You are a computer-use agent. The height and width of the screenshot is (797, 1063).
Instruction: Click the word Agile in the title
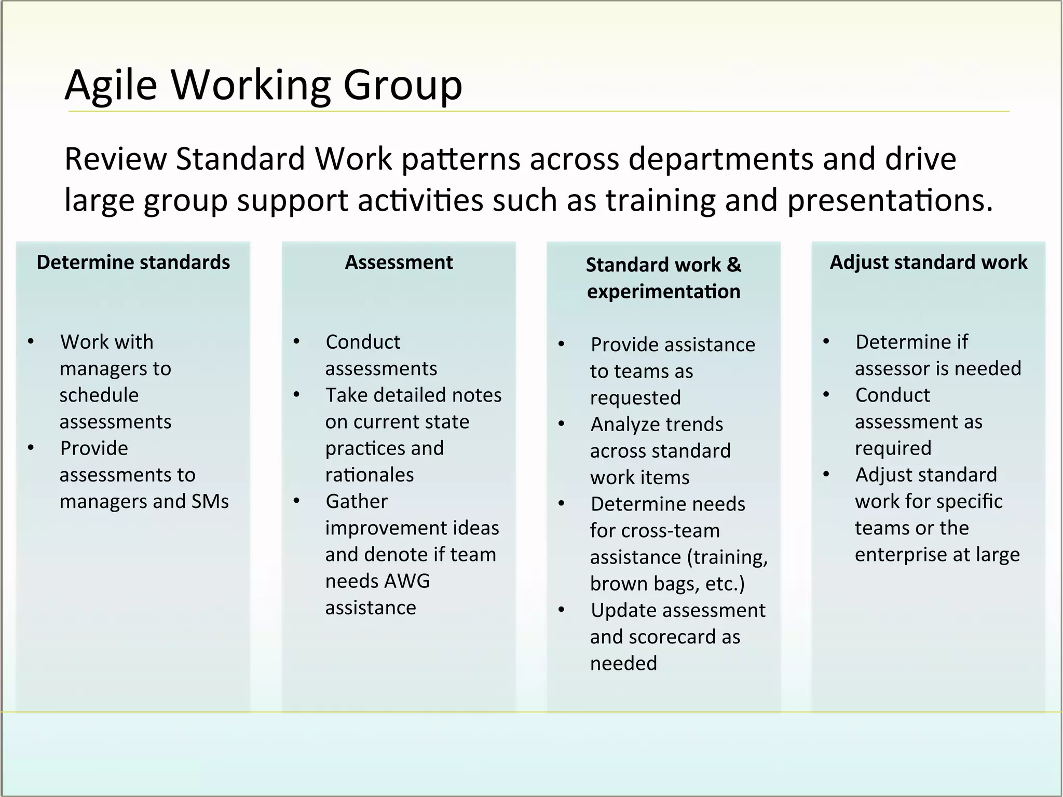(111, 85)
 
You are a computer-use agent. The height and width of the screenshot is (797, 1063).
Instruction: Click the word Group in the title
(402, 85)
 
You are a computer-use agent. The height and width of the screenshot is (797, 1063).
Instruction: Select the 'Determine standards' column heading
(133, 263)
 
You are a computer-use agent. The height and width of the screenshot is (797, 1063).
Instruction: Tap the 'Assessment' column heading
(399, 263)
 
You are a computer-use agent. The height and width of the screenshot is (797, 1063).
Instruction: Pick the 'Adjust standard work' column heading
(929, 263)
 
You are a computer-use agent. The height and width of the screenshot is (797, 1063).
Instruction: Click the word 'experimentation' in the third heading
(663, 292)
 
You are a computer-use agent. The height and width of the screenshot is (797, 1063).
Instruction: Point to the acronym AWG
(406, 581)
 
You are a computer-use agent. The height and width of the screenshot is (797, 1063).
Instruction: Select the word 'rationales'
(370, 475)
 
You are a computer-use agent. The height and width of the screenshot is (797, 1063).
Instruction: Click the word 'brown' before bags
(617, 584)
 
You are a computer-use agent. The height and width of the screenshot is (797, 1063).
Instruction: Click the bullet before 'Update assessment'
(561, 610)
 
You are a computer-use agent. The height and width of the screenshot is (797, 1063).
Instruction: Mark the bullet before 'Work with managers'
(31, 341)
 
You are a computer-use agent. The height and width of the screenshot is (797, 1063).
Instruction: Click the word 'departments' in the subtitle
(721, 159)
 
